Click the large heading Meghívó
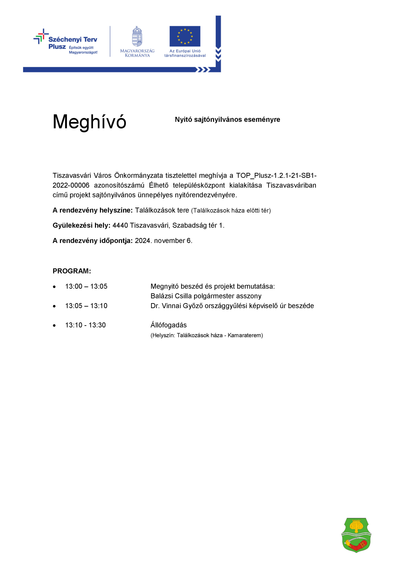click(89, 122)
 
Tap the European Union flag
click(185, 36)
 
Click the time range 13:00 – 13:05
click(86, 286)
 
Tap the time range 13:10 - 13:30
click(86, 325)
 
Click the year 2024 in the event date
click(143, 240)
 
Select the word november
click(169, 240)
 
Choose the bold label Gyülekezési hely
click(81, 225)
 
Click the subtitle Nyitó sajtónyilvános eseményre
click(227, 119)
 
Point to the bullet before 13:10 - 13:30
click(54, 325)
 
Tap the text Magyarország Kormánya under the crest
click(137, 53)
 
